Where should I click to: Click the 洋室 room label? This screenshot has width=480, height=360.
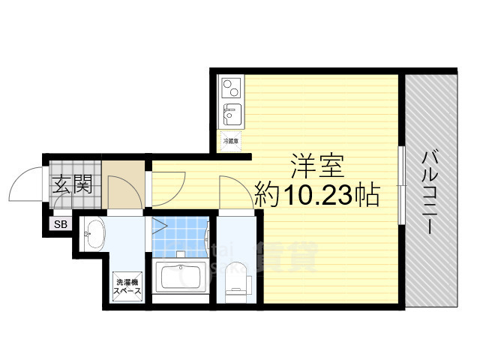pos(317,163)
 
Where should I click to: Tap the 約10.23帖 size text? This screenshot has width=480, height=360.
pos(315,196)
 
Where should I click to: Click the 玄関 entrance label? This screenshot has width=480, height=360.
pos(72,184)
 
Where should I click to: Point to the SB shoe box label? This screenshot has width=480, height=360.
pos(59,224)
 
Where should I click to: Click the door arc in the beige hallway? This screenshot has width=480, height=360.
pos(119,193)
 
